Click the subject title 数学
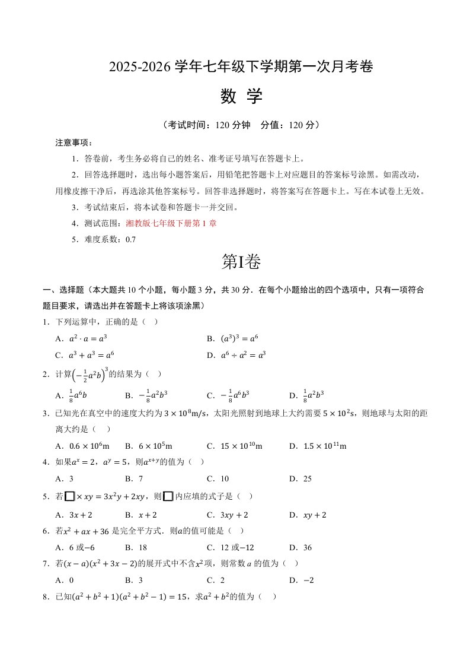[x=241, y=97]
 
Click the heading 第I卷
[x=241, y=262]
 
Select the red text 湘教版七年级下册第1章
[x=171, y=224]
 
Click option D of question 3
[x=317, y=446]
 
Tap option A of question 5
[x=73, y=515]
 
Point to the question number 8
[x=46, y=597]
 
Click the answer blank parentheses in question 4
[x=197, y=462]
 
